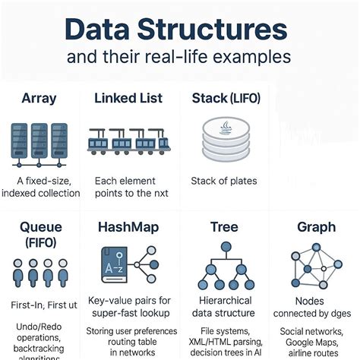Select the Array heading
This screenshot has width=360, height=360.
[39, 98]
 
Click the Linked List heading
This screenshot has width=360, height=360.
[129, 98]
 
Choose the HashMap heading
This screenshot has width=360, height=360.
[128, 227]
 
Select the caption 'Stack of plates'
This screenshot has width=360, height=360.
[223, 181]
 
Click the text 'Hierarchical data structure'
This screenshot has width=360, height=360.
[224, 307]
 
